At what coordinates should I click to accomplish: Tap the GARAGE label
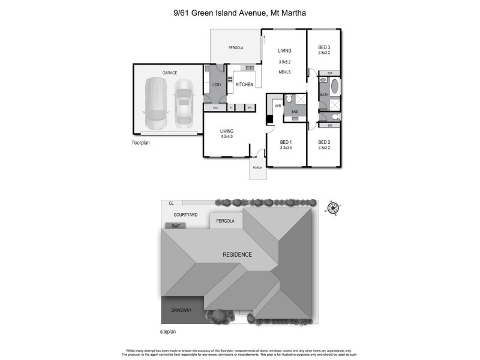(x=169, y=73)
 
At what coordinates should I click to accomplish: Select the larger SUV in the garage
(x=155, y=101)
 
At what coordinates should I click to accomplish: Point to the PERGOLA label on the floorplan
(x=235, y=48)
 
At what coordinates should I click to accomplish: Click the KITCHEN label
(x=244, y=85)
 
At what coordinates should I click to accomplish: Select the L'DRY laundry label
(x=217, y=85)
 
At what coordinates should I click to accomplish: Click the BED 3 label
(x=324, y=47)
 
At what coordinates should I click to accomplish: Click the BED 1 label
(x=285, y=142)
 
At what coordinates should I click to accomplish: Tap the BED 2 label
(x=324, y=142)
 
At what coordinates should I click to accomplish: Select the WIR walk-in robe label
(x=278, y=106)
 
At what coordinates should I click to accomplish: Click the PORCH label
(x=257, y=167)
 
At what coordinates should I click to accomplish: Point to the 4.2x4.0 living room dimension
(x=226, y=136)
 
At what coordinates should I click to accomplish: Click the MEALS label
(x=284, y=72)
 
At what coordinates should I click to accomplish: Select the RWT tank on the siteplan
(x=176, y=226)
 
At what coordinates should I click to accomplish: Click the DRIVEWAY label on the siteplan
(x=181, y=310)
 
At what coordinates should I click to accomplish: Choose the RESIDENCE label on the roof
(x=237, y=254)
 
